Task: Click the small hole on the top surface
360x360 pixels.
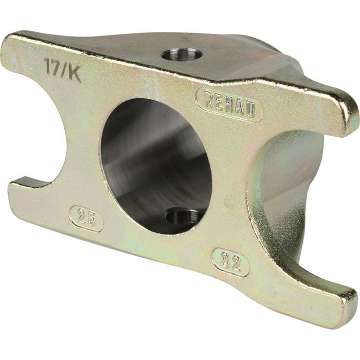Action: click(x=175, y=55)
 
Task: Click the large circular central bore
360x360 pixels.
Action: click(x=154, y=159)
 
